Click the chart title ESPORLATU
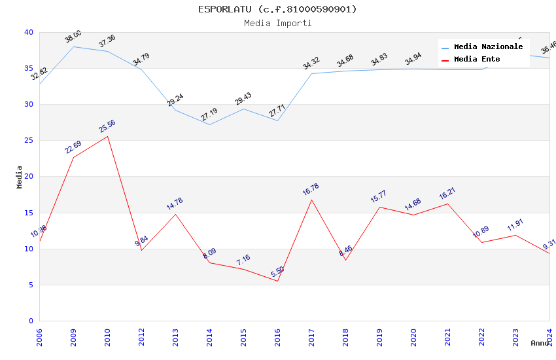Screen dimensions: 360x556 (277, 9)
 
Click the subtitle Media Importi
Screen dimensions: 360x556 (277, 24)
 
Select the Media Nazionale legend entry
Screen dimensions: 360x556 (488, 47)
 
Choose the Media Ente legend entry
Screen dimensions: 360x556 (477, 60)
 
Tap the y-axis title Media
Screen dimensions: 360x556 (20, 177)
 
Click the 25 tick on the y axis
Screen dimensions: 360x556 (28, 141)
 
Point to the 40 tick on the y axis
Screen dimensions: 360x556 (28, 33)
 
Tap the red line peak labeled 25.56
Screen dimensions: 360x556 (107, 136)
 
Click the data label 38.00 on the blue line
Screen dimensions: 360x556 (73, 37)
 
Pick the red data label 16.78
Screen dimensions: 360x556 (311, 190)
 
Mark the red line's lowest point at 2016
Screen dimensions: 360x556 (277, 281)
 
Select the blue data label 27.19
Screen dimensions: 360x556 (209, 115)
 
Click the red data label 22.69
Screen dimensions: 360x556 (73, 147)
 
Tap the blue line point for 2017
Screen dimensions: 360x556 (311, 73)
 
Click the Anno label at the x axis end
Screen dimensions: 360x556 (540, 343)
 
